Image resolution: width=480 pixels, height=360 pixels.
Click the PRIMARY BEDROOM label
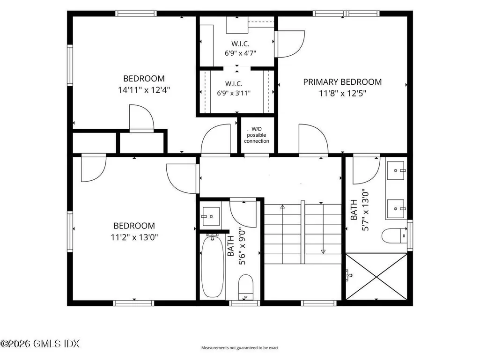[x=342, y=82]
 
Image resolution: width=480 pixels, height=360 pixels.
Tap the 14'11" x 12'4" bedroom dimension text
[x=144, y=90]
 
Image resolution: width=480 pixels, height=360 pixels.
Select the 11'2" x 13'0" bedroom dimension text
[x=134, y=237]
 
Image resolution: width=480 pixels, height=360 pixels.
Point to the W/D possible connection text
[x=257, y=135]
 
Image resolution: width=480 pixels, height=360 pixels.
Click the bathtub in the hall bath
[x=213, y=266]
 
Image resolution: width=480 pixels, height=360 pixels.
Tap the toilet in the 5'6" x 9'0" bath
[x=246, y=287]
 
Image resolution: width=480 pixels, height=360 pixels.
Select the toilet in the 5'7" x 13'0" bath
[x=394, y=236]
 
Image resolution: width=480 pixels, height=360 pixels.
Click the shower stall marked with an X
[x=377, y=276]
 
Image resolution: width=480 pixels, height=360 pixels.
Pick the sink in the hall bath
[x=211, y=216]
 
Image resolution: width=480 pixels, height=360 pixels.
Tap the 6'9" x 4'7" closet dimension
[x=240, y=53]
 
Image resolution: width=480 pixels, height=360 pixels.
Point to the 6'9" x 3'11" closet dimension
[x=234, y=93]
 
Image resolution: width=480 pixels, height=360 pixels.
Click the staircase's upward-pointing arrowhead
[x=282, y=207]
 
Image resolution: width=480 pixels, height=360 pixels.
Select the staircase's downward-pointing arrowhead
[x=323, y=252]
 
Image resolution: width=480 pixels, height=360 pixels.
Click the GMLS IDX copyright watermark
[x=40, y=344]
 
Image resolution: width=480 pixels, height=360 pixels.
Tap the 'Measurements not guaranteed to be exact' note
[x=240, y=348]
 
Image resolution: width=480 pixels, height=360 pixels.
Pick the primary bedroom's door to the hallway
[x=313, y=140]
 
